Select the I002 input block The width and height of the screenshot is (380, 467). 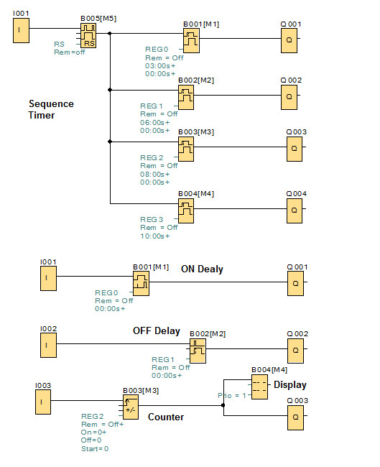pos(47,345)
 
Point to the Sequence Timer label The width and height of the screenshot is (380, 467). pos(50,109)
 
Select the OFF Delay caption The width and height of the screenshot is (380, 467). pos(156,331)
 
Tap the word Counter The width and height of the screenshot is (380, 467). pos(166,417)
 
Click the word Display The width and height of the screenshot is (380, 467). pos(289,385)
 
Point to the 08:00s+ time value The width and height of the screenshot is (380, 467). pos(154,174)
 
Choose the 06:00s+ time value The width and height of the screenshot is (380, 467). pos(154,121)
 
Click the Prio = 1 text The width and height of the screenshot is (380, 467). pos(232,395)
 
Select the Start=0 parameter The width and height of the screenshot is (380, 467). pos(95,449)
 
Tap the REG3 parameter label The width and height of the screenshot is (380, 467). pos(152,219)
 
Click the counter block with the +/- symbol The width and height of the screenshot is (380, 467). pos(131,408)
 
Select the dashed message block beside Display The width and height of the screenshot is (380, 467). pos(259,386)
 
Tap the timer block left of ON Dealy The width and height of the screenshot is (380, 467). pos(141,282)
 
